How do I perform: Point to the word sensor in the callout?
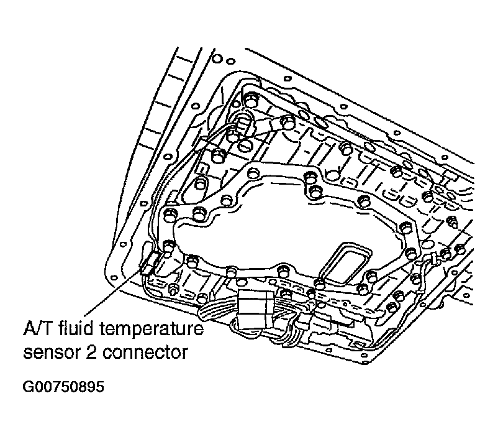52,353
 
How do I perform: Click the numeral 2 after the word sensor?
93,353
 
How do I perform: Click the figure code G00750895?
63,387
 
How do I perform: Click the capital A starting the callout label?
29,328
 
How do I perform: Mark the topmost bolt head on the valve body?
251,99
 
